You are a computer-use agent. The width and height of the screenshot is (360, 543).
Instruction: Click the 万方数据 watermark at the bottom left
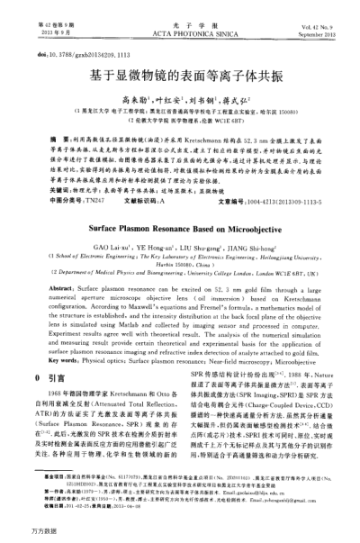20,533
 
